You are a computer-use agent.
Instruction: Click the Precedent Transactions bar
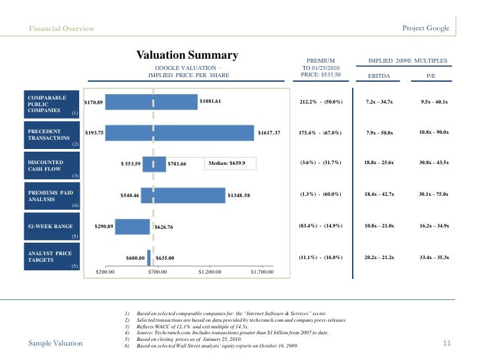point(180,133)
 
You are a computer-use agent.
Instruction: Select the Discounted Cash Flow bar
point(154,164)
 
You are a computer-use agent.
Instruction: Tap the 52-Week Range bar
point(133,227)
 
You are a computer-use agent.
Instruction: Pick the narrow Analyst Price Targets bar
point(149,258)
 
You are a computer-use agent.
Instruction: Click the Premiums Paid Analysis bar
point(183,195)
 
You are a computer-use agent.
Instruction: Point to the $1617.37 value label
point(269,133)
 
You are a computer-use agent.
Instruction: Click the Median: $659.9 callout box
point(230,163)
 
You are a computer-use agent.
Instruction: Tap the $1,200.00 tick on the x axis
point(210,272)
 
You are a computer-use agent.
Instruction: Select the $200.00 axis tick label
point(105,272)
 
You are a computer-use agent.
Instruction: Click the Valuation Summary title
point(187,55)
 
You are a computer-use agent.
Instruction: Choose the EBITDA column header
point(379,76)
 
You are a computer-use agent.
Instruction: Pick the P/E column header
point(431,76)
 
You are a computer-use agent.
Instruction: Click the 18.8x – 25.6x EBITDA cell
point(379,163)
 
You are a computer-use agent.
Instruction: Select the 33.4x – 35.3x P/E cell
point(435,257)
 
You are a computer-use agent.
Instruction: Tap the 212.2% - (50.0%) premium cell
point(321,102)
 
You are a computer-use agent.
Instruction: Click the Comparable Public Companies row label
point(51,104)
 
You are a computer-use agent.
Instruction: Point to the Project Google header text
point(426,28)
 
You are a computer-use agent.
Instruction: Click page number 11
point(447,343)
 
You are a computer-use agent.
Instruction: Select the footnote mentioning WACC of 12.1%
point(193,326)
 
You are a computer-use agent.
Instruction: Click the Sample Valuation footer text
point(55,343)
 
